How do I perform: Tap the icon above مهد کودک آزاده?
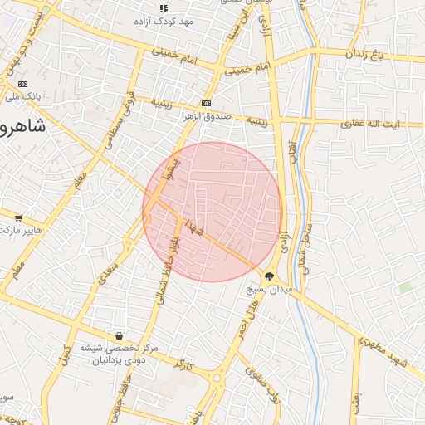click(x=164, y=7)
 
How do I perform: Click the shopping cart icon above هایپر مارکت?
click(x=19, y=217)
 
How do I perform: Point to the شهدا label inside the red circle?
click(x=195, y=226)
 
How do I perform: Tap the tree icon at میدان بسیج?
click(x=270, y=276)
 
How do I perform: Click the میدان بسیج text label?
click(x=268, y=291)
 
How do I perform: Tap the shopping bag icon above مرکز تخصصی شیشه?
click(x=120, y=336)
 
